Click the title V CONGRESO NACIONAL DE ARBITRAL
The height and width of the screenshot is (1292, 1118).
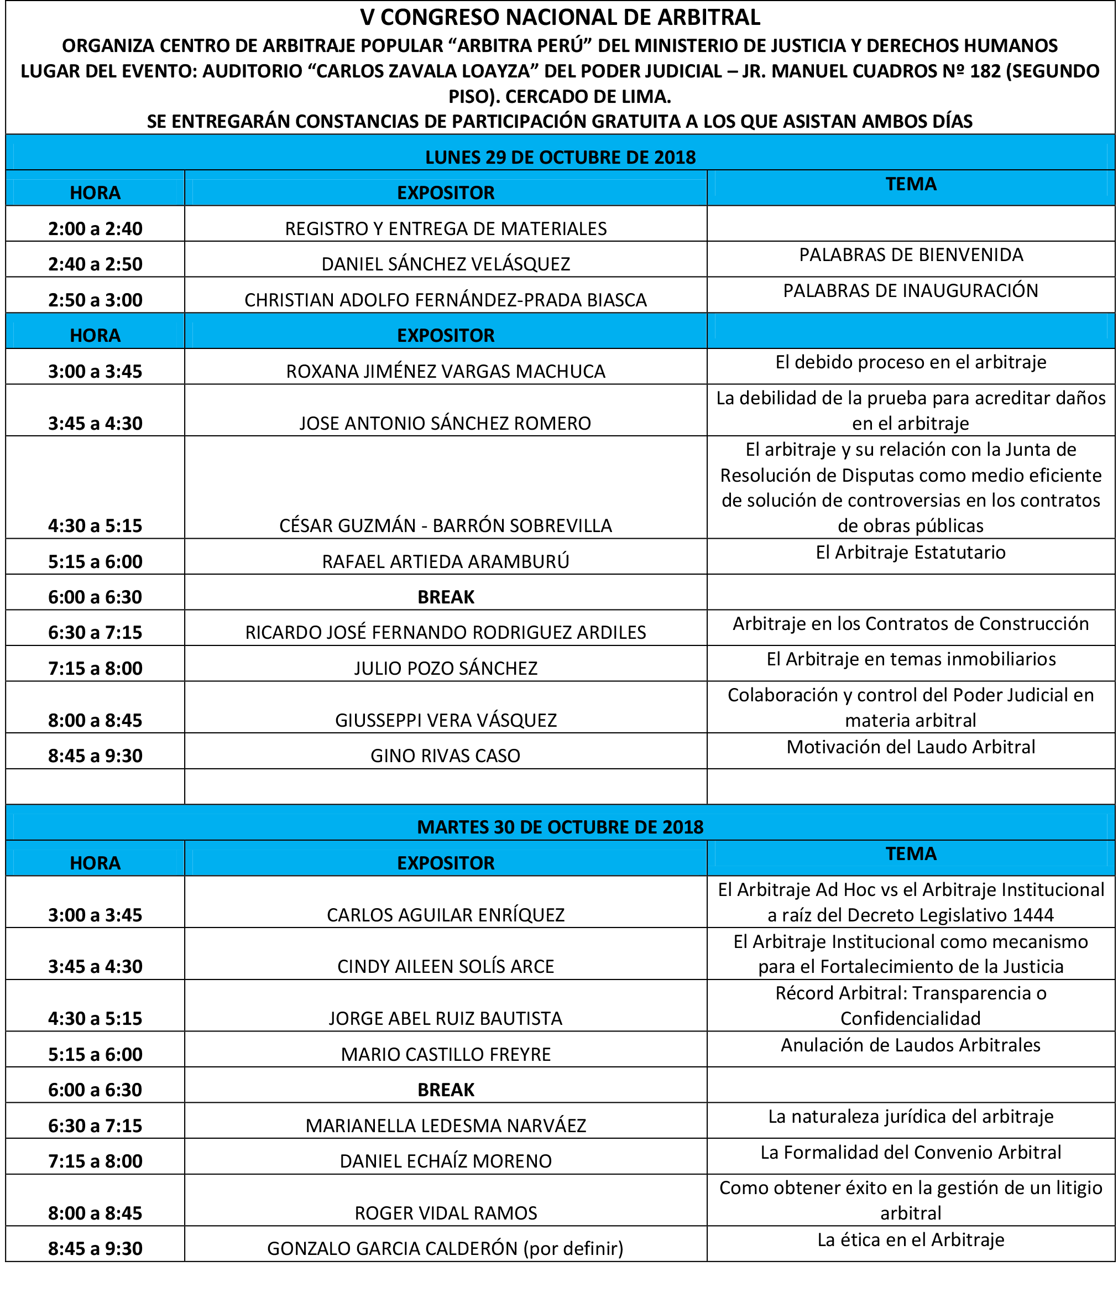[x=560, y=18]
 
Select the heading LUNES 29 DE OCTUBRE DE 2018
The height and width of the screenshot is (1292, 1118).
[x=560, y=157]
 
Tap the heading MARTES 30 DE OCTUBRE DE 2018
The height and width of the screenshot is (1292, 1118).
[x=560, y=827]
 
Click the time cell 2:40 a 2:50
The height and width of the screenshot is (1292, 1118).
[x=96, y=264]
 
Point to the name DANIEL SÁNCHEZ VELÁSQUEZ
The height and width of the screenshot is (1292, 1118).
[x=446, y=264]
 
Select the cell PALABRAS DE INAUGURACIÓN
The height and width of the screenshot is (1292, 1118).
[x=910, y=291]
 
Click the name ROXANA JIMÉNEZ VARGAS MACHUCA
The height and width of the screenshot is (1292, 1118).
[x=446, y=371]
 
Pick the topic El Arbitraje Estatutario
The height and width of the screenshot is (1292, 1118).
[x=910, y=553]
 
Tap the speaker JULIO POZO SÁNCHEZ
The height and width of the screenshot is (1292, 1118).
[x=446, y=669]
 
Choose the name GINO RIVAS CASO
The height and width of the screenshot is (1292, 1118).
[x=446, y=756]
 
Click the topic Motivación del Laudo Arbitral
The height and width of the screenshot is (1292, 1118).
[x=910, y=747]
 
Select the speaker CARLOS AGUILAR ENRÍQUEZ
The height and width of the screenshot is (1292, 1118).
[x=446, y=915]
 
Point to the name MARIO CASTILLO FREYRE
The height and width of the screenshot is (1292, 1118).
[x=446, y=1054]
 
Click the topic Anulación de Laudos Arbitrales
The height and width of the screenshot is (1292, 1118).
[x=910, y=1045]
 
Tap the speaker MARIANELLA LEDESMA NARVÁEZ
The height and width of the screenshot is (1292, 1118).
[x=446, y=1126]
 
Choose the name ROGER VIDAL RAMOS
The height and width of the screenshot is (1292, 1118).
[x=446, y=1213]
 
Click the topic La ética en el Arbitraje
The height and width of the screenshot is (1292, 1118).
[x=910, y=1239]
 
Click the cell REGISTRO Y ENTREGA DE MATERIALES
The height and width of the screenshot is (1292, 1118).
[x=446, y=228]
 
